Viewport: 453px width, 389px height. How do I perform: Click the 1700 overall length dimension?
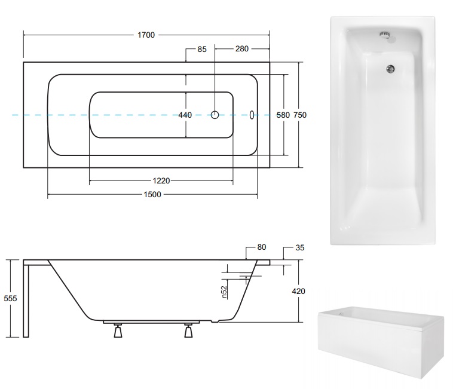tap(146, 35)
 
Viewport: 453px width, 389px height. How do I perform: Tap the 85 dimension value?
tap(202, 50)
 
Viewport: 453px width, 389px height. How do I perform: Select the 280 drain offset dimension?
tap(242, 49)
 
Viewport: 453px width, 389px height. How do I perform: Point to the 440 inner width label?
tap(185, 115)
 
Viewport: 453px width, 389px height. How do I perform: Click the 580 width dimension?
tap(283, 115)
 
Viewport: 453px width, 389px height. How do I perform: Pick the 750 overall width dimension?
tap(300, 115)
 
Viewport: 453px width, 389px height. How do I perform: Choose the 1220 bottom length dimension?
tap(161, 181)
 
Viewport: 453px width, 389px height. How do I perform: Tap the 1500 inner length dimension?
tap(152, 194)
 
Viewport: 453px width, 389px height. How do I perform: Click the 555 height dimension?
tap(10, 298)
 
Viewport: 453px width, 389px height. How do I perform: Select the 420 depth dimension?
tap(298, 291)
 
